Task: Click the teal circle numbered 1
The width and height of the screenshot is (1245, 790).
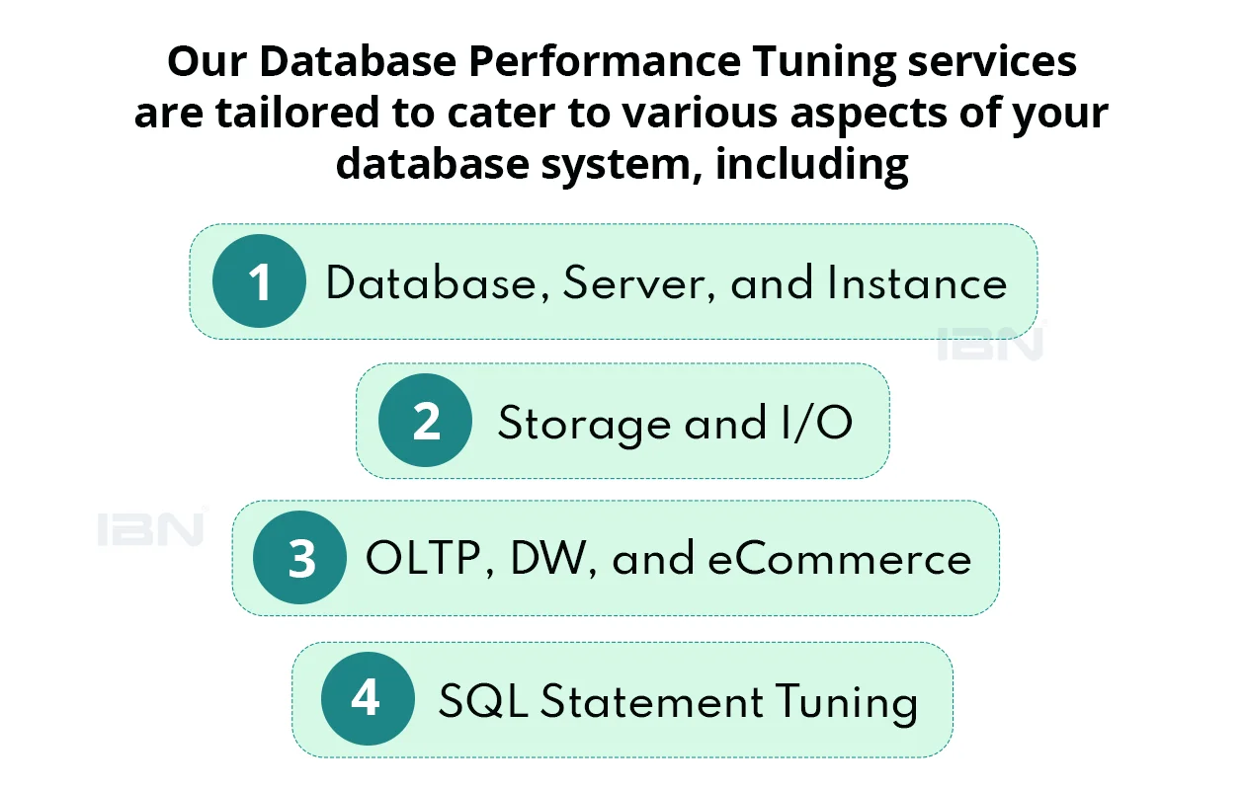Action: [x=259, y=281]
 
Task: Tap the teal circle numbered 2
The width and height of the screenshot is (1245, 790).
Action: [x=425, y=420]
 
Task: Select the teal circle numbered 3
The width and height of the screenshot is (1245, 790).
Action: [x=299, y=557]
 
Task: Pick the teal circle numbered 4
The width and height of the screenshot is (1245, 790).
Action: [x=368, y=698]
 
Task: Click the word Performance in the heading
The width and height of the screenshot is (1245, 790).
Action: [x=605, y=61]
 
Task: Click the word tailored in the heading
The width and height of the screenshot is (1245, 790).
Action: [x=297, y=113]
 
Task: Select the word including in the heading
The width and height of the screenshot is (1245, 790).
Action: [x=812, y=166]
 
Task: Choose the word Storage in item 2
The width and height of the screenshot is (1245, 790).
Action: [x=584, y=425]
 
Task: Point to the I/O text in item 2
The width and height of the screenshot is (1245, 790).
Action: [x=816, y=423]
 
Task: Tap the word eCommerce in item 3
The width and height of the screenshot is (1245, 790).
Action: [x=839, y=558]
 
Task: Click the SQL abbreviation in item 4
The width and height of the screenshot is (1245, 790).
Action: [x=483, y=701]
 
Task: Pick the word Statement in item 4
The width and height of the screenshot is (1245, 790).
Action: [x=651, y=701]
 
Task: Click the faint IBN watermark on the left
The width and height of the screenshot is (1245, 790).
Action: [x=150, y=529]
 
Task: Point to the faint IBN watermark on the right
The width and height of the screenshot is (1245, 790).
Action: [x=991, y=344]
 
